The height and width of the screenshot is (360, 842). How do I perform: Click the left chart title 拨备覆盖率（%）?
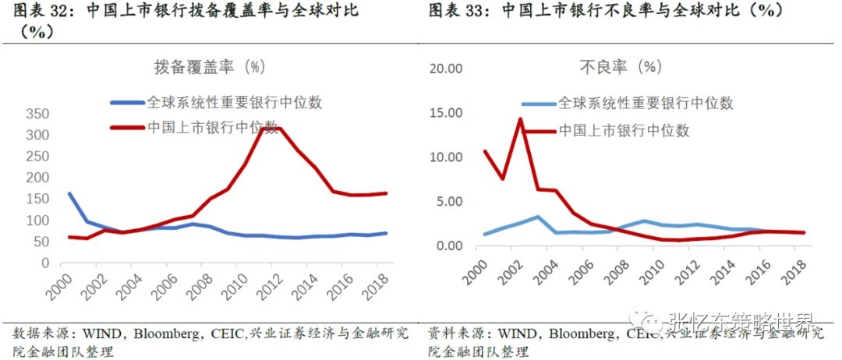[210, 68]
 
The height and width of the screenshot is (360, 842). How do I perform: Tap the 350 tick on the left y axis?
[37, 114]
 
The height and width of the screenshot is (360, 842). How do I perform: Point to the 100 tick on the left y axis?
[37, 221]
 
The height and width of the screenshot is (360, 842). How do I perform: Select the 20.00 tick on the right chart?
[447, 68]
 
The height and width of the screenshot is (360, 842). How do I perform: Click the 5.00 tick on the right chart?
[450, 201]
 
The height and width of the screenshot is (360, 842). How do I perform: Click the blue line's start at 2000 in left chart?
[70, 194]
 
